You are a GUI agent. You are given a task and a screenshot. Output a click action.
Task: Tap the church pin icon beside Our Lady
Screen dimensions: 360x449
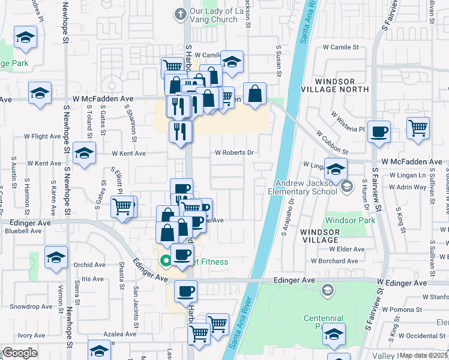(179, 14)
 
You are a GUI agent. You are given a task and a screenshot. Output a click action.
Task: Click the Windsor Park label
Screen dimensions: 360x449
(350, 221)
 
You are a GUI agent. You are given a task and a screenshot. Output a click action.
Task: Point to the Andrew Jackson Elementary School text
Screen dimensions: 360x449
(306, 188)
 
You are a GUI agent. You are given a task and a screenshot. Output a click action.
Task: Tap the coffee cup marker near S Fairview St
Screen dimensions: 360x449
(378, 132)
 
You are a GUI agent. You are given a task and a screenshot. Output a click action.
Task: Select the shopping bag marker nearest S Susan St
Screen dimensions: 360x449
(255, 94)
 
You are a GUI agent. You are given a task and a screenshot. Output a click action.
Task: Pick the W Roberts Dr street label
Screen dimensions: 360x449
(234, 152)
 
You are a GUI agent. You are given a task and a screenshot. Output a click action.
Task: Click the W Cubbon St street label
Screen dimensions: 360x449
(332, 143)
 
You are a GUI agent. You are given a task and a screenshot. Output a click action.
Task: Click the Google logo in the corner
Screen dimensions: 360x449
(19, 353)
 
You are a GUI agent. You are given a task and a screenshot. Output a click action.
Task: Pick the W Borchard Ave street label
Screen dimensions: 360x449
(334, 261)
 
